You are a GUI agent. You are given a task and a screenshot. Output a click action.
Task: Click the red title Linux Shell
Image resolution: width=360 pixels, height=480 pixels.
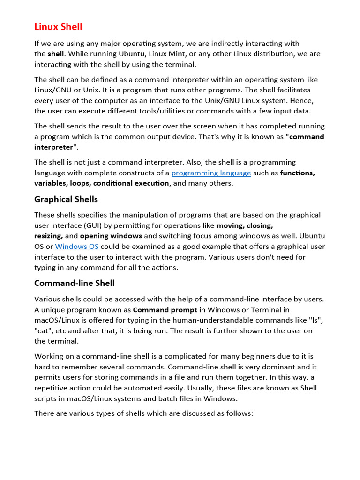pos(58,27)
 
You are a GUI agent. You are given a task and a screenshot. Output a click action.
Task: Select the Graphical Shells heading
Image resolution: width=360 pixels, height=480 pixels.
pos(66,199)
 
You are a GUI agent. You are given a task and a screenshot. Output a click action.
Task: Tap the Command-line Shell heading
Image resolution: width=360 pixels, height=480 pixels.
pos(75,283)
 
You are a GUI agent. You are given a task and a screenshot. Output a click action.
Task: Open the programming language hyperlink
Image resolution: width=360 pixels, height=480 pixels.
pos(211,173)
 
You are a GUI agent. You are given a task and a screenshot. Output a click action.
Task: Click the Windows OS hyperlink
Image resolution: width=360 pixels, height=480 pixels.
pos(76,247)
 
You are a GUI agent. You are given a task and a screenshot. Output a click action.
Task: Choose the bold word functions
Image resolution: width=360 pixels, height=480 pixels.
pos(298,173)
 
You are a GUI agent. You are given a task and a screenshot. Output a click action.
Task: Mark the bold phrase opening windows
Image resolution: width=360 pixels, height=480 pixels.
pos(111,236)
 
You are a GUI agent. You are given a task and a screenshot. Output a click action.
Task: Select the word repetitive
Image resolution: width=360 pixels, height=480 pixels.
pos(53,388)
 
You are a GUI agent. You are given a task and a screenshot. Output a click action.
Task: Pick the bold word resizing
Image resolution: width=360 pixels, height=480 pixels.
pos(48,236)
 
